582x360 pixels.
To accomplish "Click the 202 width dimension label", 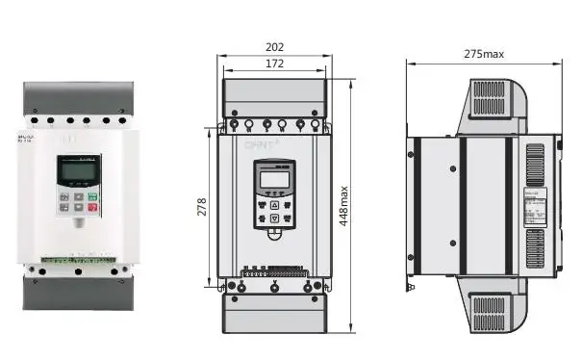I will point(275,46).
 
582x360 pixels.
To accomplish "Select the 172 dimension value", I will point(275,64).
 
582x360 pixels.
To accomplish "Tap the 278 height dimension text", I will point(203,206).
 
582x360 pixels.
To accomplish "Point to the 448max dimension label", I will point(344,206).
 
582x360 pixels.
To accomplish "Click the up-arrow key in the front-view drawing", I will point(274,204).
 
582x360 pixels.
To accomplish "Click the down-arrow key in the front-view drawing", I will point(274,219).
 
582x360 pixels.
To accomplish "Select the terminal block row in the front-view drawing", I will point(274,272).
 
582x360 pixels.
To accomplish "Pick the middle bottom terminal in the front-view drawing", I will point(274,288).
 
